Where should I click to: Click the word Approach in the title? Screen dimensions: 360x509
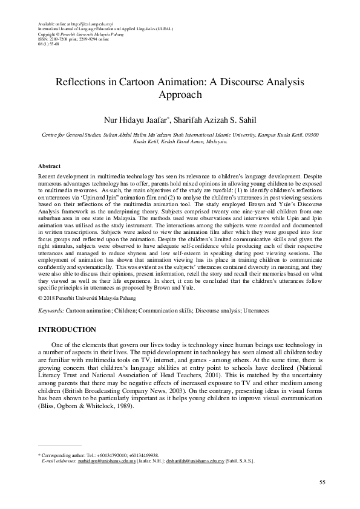(x=180, y=95)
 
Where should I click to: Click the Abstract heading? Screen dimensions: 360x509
(x=49, y=165)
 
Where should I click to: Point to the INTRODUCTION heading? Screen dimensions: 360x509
(x=67, y=329)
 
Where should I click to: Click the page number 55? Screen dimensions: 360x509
(x=322, y=482)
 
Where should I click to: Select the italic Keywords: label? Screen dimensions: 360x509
(x=51, y=310)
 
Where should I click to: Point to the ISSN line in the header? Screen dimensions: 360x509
(x=67, y=40)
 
